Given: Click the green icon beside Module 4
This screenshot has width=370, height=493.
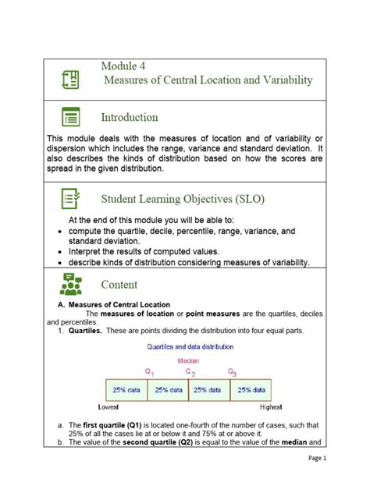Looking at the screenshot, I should coord(70,79).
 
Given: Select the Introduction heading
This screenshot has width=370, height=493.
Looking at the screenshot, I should coord(129,118).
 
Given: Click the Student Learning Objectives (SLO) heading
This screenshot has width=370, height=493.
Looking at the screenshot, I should coord(183,199).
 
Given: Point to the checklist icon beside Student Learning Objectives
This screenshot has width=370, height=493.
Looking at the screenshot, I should coord(71,199).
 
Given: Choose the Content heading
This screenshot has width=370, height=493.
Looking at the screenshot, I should coord(119,285).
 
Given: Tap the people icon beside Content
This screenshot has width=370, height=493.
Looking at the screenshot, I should coord(71,285).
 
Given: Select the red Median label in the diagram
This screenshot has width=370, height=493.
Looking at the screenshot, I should coord(188,360).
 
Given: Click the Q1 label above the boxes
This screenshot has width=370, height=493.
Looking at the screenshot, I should coord(148,372).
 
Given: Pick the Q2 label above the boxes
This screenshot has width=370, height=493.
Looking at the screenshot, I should coord(190,372).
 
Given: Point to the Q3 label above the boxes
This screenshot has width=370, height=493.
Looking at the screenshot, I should coord(231,372).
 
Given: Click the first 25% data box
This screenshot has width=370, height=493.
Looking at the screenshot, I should coord(126,389).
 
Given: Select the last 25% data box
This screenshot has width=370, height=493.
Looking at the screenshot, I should coord(251,389).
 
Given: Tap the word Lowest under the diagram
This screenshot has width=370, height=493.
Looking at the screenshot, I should coord(108,407).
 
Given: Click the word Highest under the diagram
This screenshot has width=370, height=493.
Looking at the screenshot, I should coord(271,407).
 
